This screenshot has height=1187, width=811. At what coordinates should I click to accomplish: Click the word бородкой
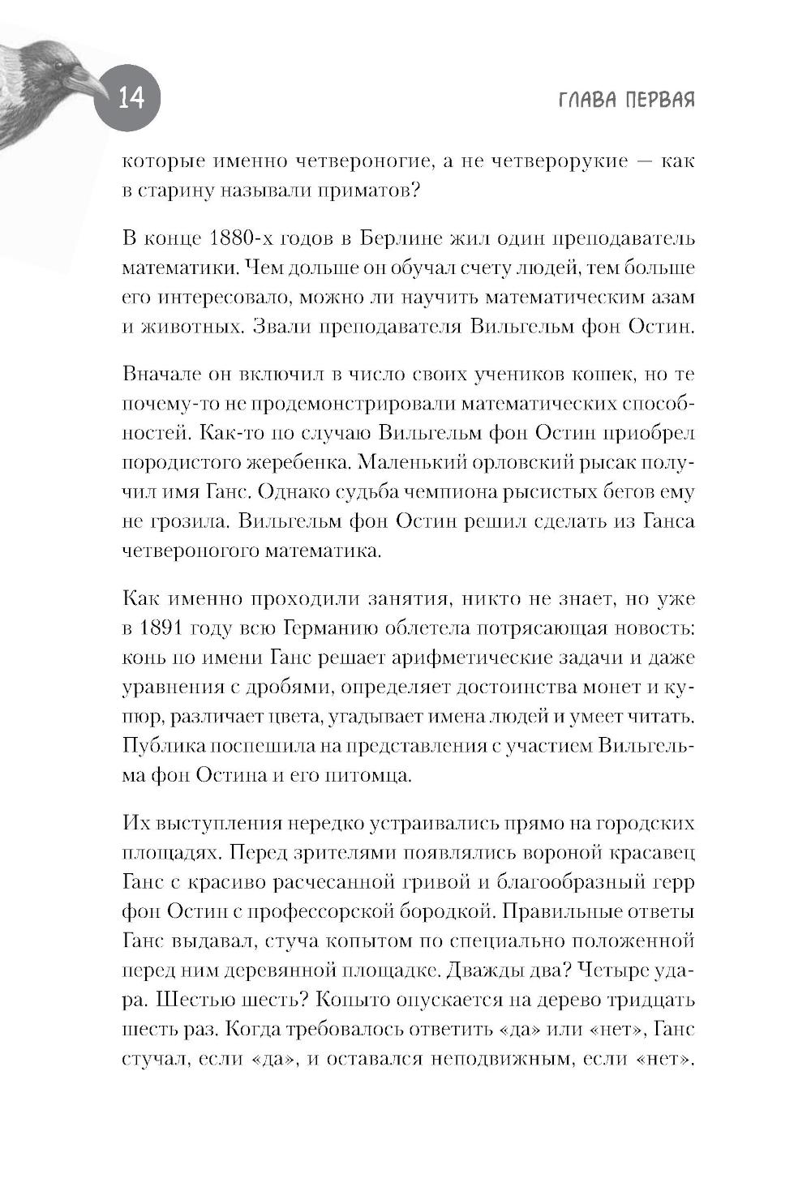click(445, 911)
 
